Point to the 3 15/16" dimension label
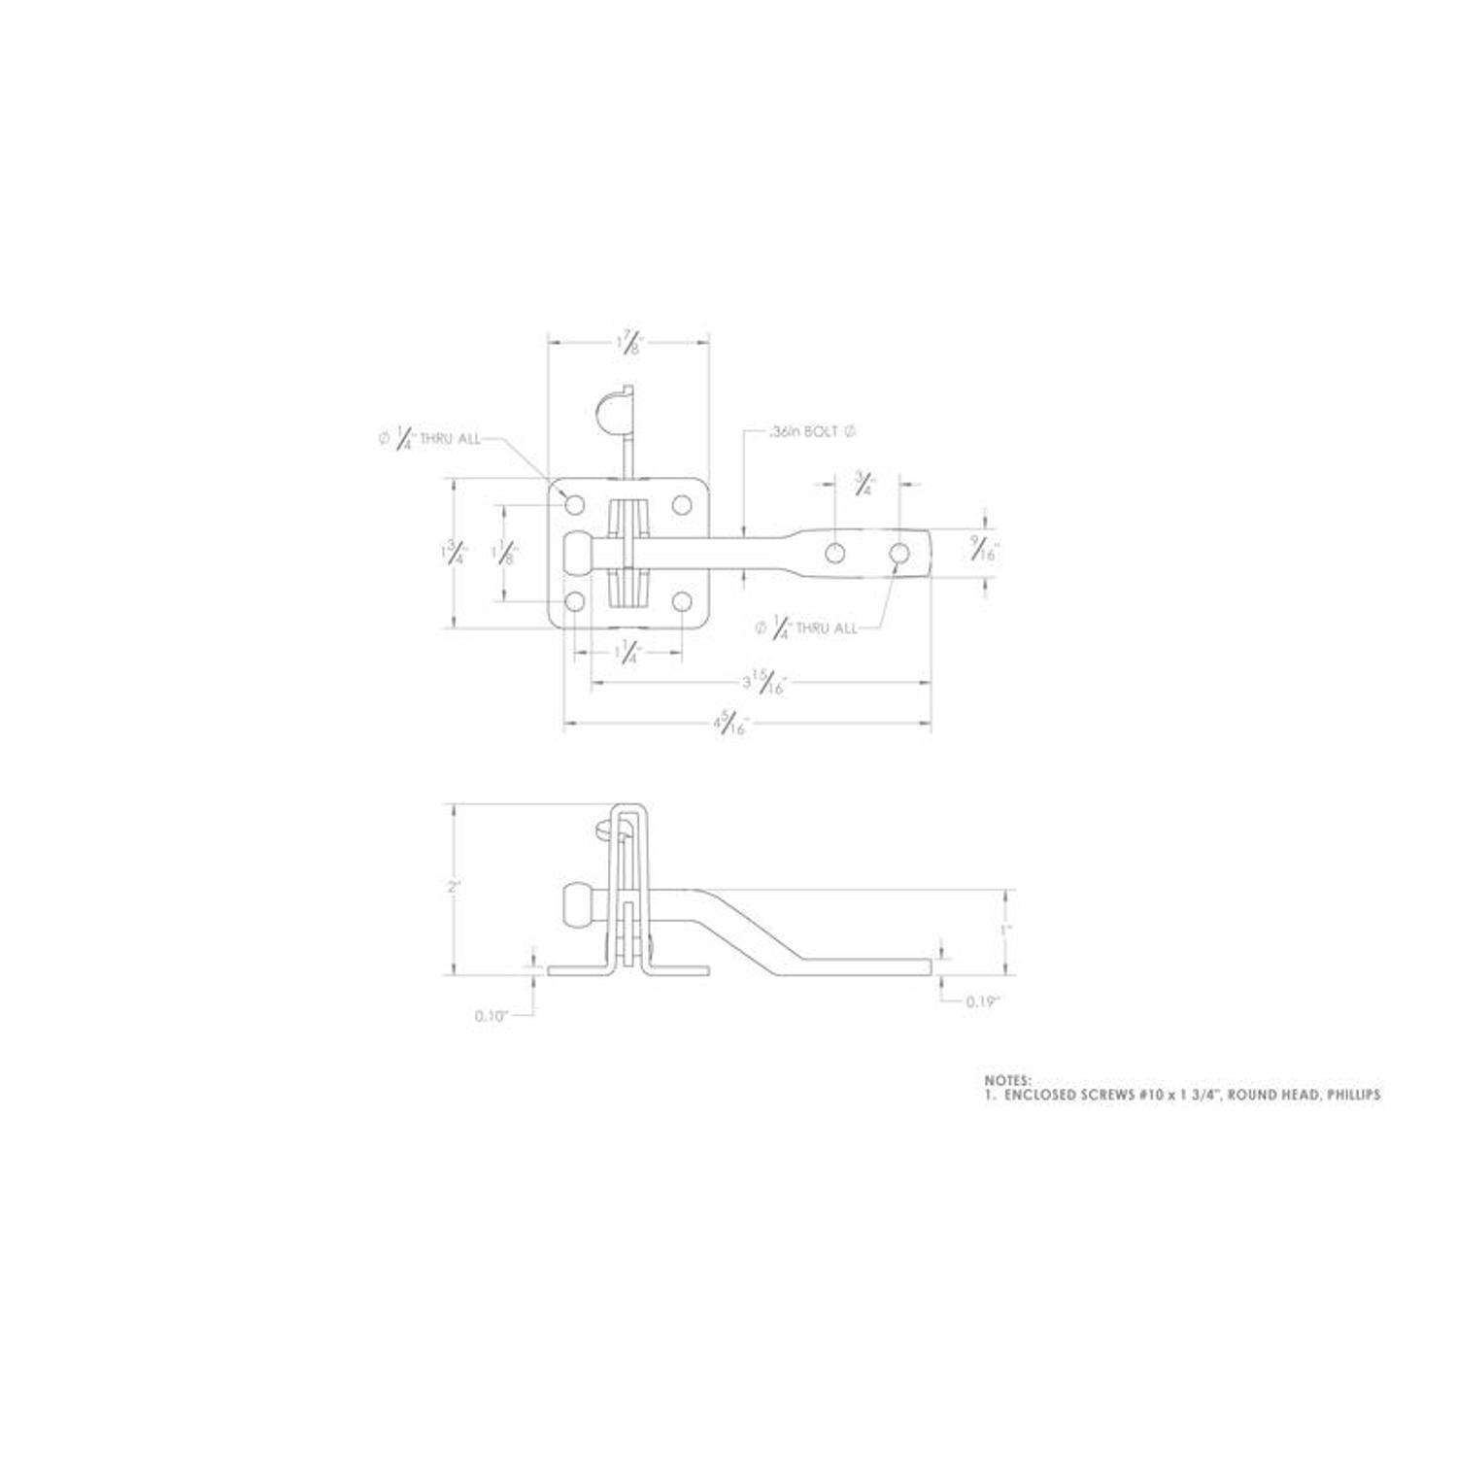pyautogui.click(x=762, y=683)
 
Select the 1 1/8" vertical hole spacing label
pyautogui.click(x=504, y=553)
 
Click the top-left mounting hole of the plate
pyautogui.click(x=575, y=504)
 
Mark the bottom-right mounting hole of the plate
pyautogui.click(x=683, y=603)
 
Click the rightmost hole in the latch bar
pyautogui.click(x=899, y=554)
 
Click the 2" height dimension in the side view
pyautogui.click(x=453, y=887)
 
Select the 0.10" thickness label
pyautogui.click(x=492, y=1016)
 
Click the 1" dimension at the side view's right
pyautogui.click(x=1007, y=929)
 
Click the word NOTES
pyautogui.click(x=1007, y=1079)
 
